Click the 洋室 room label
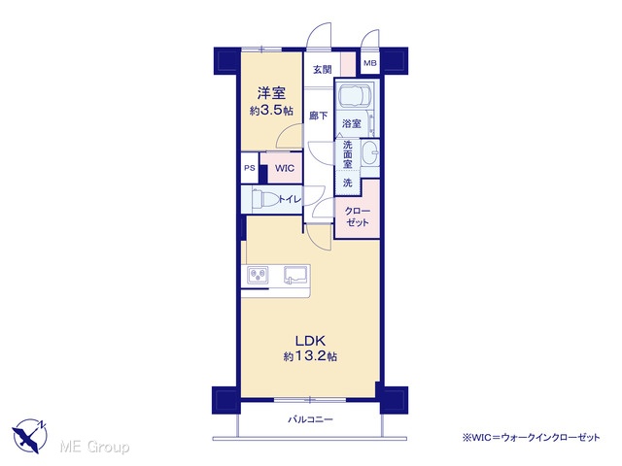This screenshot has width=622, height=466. pos(271,93)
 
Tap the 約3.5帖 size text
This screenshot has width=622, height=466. pos(271,110)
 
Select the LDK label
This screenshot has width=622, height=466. pos(311,341)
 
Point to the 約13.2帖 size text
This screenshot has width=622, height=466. pos(311,356)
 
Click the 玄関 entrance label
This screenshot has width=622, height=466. pos(323,70)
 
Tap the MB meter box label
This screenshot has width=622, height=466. pos(370,63)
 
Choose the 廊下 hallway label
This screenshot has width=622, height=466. pos(319,116)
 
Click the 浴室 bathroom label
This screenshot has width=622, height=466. pos(352,123)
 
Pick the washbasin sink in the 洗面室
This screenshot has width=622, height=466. pos(371,153)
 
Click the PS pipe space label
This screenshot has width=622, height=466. pos(250,168)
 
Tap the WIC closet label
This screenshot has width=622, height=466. pos(285,168)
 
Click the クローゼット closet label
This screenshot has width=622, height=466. pos(358,216)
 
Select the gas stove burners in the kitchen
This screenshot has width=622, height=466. pos(258,275)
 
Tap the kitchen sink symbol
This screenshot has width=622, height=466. pos(295,275)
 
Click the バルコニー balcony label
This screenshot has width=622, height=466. pos(311,419)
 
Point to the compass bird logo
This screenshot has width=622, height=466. pos(30,436)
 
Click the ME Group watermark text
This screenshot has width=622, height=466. pos(94,447)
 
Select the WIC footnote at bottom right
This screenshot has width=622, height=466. pos(531,438)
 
